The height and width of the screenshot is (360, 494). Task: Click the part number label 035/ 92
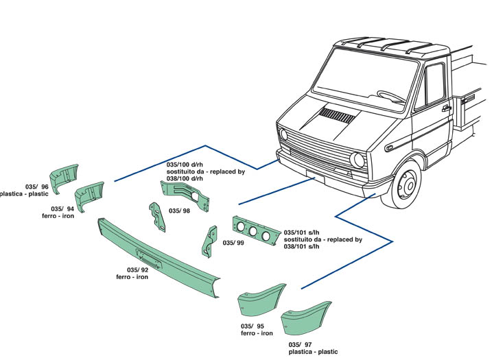[x=138, y=269]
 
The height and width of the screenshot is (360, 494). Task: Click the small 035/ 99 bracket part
[x=207, y=241]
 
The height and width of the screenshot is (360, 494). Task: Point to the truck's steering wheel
[x=391, y=95]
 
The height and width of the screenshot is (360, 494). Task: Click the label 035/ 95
[x=252, y=326]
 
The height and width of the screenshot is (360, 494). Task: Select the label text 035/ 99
[x=234, y=243]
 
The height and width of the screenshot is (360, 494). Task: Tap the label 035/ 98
[x=179, y=211]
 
